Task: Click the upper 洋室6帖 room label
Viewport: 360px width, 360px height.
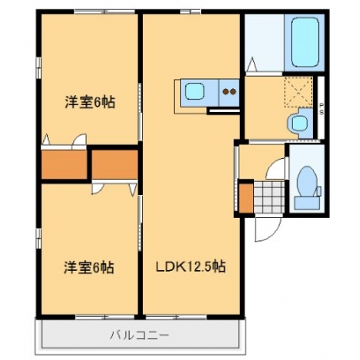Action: pos(90,102)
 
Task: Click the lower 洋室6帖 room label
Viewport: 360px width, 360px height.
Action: pos(88,267)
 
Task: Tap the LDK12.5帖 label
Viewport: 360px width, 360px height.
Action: pos(191,267)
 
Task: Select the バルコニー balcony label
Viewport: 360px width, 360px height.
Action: pos(140,335)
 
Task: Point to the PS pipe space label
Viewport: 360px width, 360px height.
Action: pos(321,109)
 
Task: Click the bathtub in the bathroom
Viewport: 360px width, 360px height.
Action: pos(304,43)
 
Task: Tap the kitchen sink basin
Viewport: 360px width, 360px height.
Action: pos(193,92)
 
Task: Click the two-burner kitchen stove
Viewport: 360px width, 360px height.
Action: pos(229,93)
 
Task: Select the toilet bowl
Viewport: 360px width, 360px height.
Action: pos(307,181)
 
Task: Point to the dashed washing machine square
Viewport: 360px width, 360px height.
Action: pos(299,92)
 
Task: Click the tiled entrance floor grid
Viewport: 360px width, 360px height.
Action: pos(269,197)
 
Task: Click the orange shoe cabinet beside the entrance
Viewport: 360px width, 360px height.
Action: pos(246,198)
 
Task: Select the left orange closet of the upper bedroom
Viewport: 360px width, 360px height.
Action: pos(64,165)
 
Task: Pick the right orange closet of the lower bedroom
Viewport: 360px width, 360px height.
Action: pos(114,165)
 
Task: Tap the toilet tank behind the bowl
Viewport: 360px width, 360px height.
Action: pos(306,203)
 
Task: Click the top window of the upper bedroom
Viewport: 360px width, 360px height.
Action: pos(105,12)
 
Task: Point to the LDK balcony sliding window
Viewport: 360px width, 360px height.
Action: pos(177,317)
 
